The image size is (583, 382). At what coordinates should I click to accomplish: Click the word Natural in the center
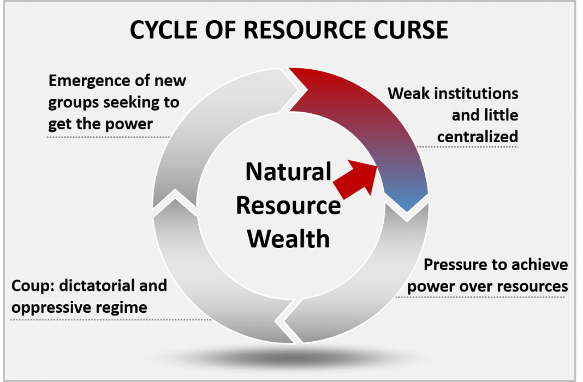point(288,172)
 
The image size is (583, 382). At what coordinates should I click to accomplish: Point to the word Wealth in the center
point(289,239)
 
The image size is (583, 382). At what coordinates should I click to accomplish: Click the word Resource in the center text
point(288,206)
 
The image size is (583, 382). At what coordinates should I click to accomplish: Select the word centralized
point(477,136)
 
